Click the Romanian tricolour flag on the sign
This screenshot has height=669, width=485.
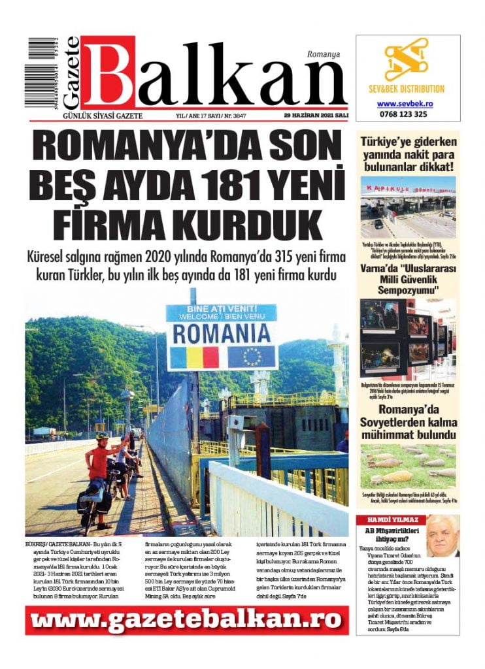click(x=193, y=357)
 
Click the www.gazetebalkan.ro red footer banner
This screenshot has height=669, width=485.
click(x=187, y=620)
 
